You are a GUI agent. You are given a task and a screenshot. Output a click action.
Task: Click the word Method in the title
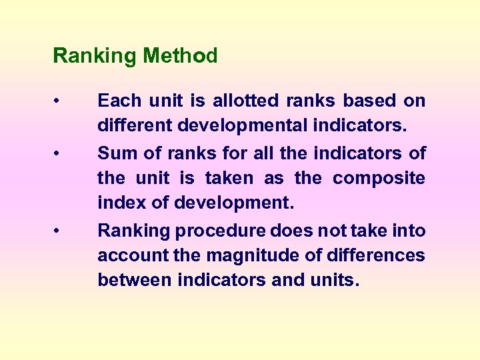tap(180, 56)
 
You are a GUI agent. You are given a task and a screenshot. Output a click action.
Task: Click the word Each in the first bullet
tap(119, 101)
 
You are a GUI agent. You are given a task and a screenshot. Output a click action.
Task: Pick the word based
tap(370, 101)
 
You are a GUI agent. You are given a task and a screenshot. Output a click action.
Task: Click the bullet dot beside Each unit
tap(59, 101)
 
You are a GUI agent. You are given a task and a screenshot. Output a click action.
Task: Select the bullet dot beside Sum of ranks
tap(59, 154)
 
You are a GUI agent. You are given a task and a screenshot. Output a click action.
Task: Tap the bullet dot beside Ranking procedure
tap(59, 231)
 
